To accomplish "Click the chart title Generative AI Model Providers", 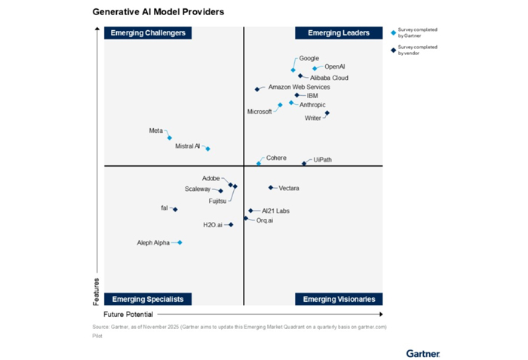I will pyautogui.click(x=158, y=13).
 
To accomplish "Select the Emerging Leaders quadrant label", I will pyautogui.click(x=339, y=33).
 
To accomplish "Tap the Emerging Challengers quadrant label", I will pyautogui.click(x=148, y=33).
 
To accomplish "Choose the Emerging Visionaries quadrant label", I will pyautogui.click(x=339, y=299).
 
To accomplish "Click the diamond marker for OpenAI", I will pyautogui.click(x=315, y=69).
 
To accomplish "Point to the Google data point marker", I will pyautogui.click(x=293, y=70).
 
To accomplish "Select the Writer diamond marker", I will pyautogui.click(x=327, y=113).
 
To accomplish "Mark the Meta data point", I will pyautogui.click(x=170, y=138).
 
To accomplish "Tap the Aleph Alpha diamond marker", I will pyautogui.click(x=180, y=242).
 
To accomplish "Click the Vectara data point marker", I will pyautogui.click(x=271, y=187).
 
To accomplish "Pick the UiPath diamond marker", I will pyautogui.click(x=304, y=163).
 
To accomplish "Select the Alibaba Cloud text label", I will pyautogui.click(x=329, y=78).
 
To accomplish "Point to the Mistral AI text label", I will pyautogui.click(x=187, y=146).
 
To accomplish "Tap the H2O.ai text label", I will pyautogui.click(x=213, y=225).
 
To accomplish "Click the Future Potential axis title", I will pyautogui.click(x=128, y=314).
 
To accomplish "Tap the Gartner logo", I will pyautogui.click(x=422, y=352).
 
